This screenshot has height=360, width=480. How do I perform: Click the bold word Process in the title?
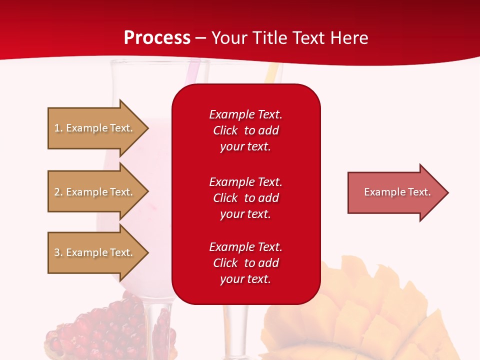point(157,38)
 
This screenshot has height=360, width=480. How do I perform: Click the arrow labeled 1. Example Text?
point(95,128)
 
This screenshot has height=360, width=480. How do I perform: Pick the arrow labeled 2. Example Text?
point(95,192)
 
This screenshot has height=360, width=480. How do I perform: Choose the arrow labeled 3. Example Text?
point(95,252)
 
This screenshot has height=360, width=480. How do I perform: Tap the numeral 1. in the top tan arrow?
point(58,128)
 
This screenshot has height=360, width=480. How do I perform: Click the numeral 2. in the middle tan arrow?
point(58,192)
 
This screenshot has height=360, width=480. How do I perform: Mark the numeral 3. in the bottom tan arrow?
point(58,252)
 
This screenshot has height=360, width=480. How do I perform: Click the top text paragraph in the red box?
point(245,130)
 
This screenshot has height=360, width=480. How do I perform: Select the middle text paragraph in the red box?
point(245,198)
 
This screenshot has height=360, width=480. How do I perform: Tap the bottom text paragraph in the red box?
point(245,263)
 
